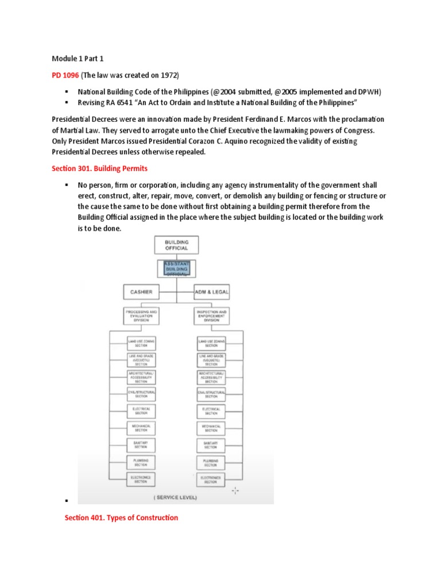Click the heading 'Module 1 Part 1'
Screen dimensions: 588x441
click(78, 59)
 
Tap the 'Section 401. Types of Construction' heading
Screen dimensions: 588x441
click(121, 517)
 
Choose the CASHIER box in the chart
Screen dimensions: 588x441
click(141, 292)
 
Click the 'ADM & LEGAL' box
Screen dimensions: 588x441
click(211, 292)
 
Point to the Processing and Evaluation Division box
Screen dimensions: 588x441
click(141, 315)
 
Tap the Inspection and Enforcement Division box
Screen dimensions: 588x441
click(211, 315)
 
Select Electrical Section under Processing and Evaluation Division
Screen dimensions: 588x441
click(141, 411)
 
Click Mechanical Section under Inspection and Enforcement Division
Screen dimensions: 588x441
click(211, 428)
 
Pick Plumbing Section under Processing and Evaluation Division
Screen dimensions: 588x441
click(141, 462)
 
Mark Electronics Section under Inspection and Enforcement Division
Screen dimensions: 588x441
click(211, 479)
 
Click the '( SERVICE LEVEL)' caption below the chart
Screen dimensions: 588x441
click(176, 497)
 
